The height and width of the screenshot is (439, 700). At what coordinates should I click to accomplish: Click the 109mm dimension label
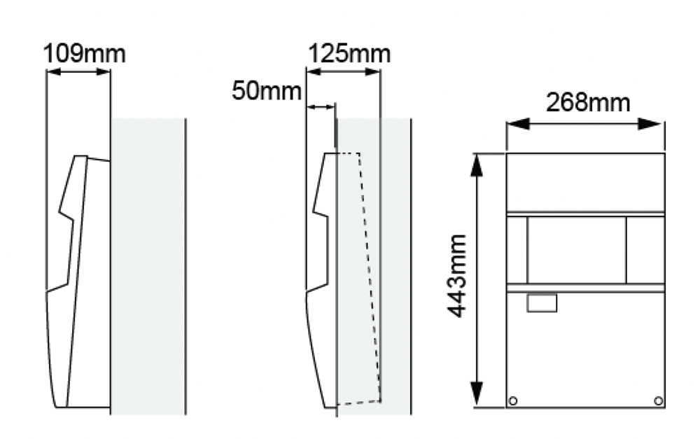click(85, 53)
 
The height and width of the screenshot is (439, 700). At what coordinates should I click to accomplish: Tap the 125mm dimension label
click(349, 53)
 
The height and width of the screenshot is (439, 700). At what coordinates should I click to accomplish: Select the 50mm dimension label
click(267, 92)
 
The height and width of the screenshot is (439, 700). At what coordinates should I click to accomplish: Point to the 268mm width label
click(587, 103)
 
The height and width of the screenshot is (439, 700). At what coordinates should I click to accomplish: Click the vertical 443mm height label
click(458, 276)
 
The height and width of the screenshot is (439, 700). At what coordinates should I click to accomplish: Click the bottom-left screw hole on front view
click(513, 400)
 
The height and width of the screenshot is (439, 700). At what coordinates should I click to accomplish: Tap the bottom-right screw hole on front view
click(657, 400)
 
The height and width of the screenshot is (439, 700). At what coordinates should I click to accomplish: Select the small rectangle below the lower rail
click(542, 302)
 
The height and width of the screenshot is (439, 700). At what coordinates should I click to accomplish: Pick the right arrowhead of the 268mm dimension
click(657, 124)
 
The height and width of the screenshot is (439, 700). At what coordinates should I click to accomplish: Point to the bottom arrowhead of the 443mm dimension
click(477, 398)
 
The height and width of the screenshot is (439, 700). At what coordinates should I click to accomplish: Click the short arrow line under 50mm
click(321, 107)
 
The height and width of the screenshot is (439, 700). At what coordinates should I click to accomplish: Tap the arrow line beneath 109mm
click(78, 71)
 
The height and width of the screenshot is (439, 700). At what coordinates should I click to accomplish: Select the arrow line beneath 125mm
click(343, 71)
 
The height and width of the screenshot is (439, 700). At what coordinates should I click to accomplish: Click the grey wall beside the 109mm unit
click(148, 266)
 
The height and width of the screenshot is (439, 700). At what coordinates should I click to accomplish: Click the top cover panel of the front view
click(585, 181)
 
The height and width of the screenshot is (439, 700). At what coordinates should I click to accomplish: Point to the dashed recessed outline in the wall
click(370, 280)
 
